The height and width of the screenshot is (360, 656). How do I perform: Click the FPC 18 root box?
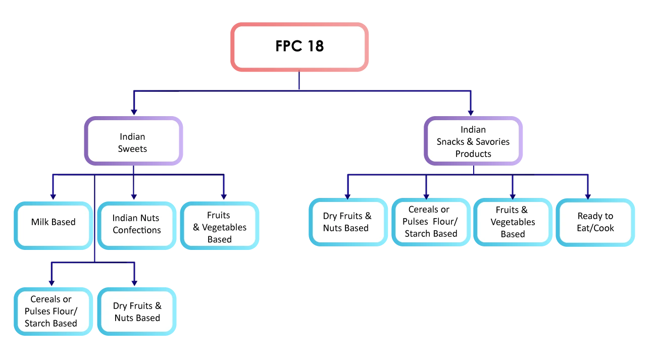(x=299, y=46)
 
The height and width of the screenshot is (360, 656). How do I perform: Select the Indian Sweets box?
(x=133, y=142)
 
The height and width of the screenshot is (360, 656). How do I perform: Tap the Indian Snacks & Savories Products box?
(x=473, y=142)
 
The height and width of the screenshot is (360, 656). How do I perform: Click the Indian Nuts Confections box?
(x=136, y=224)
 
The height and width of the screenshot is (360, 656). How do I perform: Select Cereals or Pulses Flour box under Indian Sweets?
(x=51, y=312)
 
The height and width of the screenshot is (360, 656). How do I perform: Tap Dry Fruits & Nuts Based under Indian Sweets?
(x=137, y=312)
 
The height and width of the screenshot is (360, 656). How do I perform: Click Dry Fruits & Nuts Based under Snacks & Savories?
(x=347, y=222)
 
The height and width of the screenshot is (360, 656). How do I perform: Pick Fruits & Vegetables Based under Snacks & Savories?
(x=513, y=222)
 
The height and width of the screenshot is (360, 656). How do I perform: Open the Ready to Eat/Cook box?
(x=595, y=222)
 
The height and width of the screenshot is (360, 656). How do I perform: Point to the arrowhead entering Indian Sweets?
(x=134, y=112)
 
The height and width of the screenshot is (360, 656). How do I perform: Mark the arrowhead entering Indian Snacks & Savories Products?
(x=470, y=112)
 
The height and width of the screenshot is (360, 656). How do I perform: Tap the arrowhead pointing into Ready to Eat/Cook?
(x=587, y=195)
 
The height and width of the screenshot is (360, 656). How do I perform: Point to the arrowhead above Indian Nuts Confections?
(x=134, y=196)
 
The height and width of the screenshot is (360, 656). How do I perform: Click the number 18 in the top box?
(x=314, y=46)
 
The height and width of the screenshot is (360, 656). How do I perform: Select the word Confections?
(x=137, y=230)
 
